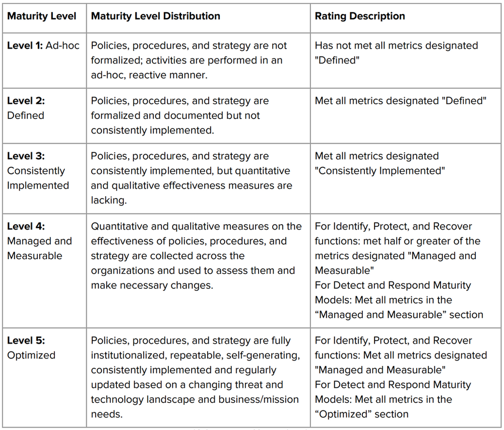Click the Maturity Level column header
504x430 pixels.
[x=41, y=16]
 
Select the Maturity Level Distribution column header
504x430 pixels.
[x=155, y=16]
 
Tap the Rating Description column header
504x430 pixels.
[x=360, y=16]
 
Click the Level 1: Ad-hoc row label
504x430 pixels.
[x=43, y=45]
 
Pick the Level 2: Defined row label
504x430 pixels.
[x=26, y=108]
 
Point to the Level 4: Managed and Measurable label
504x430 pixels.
[x=39, y=241]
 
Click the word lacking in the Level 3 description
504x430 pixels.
[x=107, y=200]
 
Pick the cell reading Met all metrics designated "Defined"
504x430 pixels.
[x=400, y=101]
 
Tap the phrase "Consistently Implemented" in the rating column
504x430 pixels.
[x=380, y=171]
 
